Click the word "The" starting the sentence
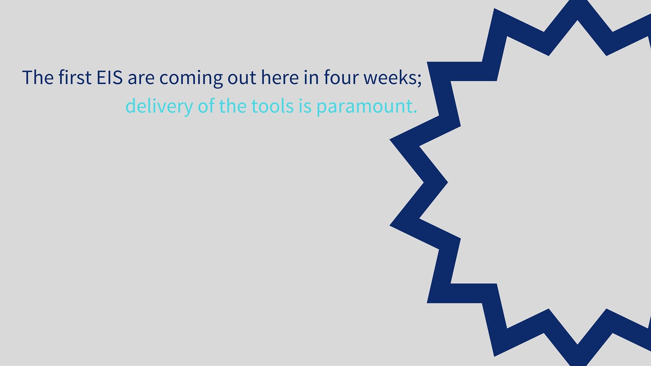pyautogui.click(x=38, y=77)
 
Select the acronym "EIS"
pyautogui.click(x=110, y=77)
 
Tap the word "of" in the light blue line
pyautogui.click(x=206, y=105)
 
